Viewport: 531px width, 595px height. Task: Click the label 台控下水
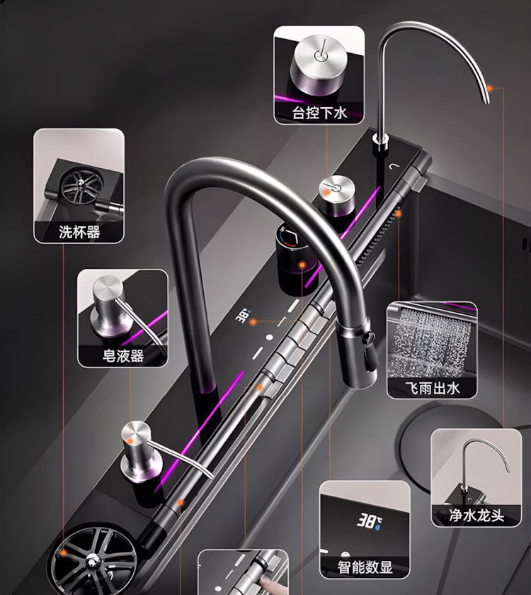[x=319, y=112]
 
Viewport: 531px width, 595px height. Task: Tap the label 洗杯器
[x=79, y=231]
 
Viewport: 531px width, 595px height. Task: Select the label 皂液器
[x=122, y=355]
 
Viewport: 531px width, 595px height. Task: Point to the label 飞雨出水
[x=432, y=387]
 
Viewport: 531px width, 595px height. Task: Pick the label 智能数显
[x=365, y=567]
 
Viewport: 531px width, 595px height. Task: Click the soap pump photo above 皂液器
[x=122, y=308]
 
